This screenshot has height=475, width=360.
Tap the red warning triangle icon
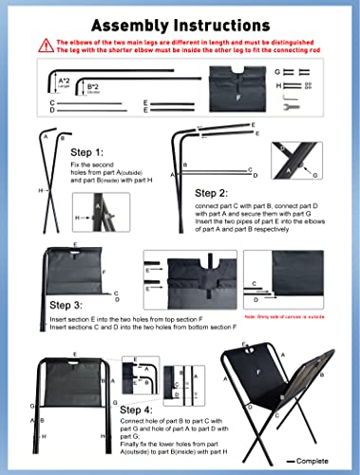pos(46,45)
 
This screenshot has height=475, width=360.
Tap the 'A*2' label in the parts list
pos(64,82)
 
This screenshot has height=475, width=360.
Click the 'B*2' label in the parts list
pos(93,86)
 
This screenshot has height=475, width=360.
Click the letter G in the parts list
pos(276,71)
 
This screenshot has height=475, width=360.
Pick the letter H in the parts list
pos(276,85)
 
